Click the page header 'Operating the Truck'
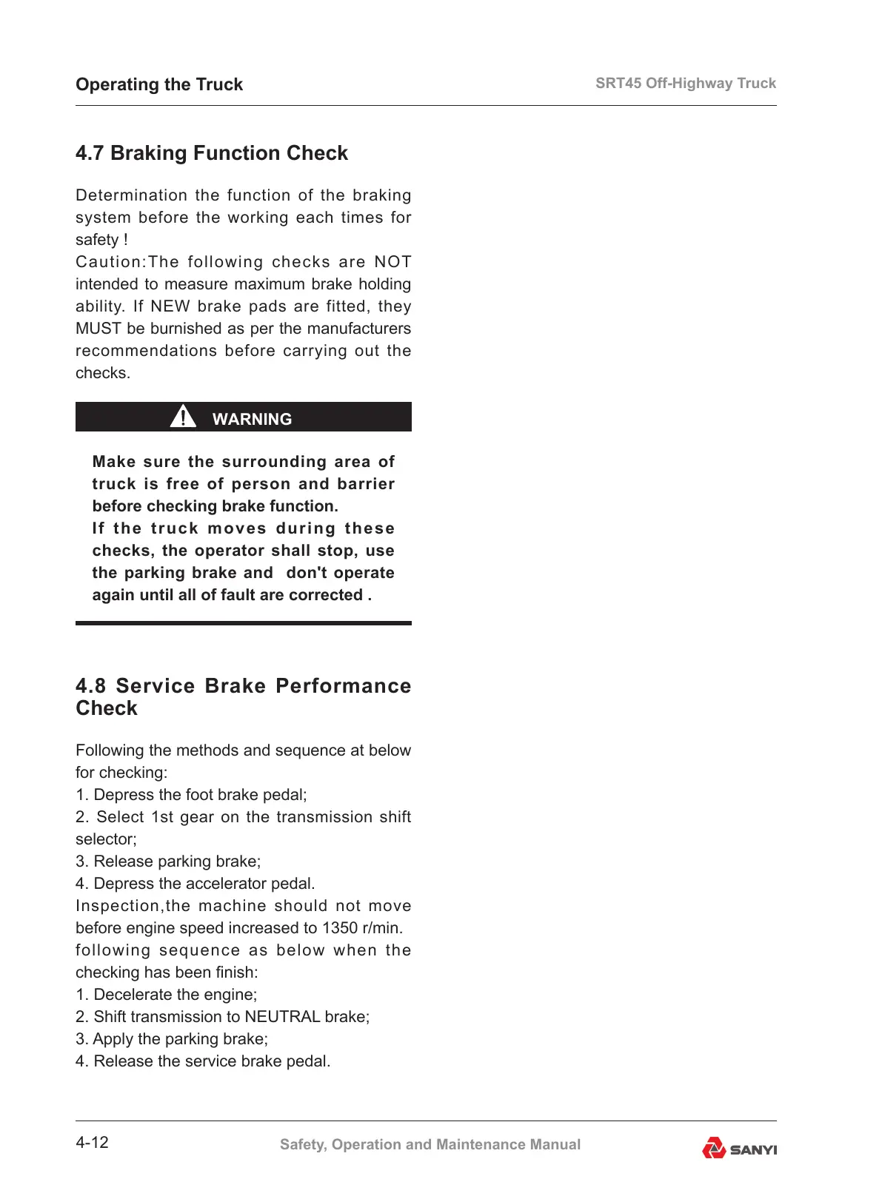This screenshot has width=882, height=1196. (159, 84)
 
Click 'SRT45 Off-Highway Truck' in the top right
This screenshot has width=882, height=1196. (685, 83)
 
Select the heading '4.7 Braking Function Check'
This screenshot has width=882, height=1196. (212, 153)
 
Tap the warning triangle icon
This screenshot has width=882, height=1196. (183, 417)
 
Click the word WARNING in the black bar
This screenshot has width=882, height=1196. (252, 419)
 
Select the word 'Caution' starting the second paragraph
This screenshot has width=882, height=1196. (108, 262)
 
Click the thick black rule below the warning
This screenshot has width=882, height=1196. (243, 623)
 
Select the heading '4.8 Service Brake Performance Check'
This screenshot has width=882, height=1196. (243, 696)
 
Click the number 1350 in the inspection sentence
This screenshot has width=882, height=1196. (341, 928)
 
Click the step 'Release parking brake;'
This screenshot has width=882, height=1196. (177, 861)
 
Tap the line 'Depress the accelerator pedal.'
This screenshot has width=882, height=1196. (204, 884)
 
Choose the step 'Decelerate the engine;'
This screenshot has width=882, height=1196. (175, 995)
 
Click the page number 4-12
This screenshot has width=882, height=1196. (92, 1143)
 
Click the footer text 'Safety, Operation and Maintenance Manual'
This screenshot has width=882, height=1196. (430, 1144)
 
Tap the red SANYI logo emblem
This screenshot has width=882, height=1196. (714, 1148)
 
